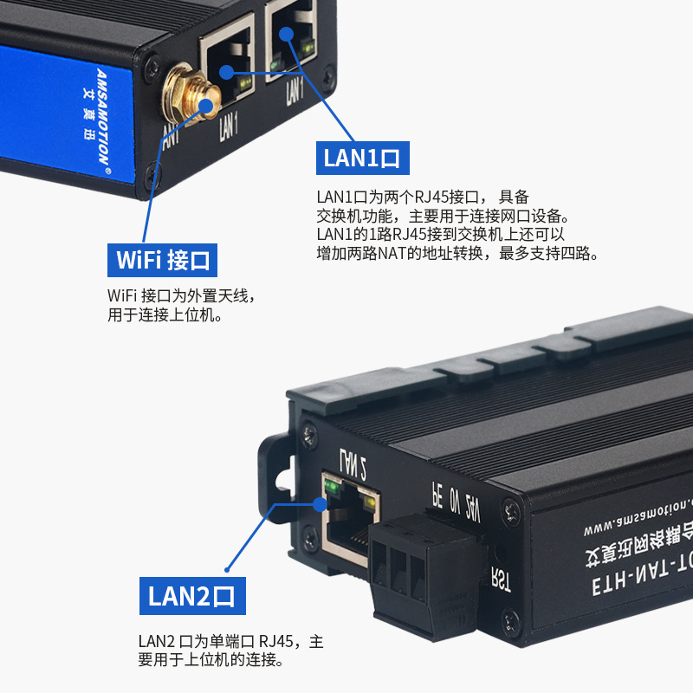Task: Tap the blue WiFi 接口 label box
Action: tap(163, 259)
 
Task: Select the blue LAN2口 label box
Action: tap(192, 596)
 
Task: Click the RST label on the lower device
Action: tap(500, 578)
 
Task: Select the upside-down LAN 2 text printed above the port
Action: tap(353, 463)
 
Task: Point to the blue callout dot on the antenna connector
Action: tap(207, 107)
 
